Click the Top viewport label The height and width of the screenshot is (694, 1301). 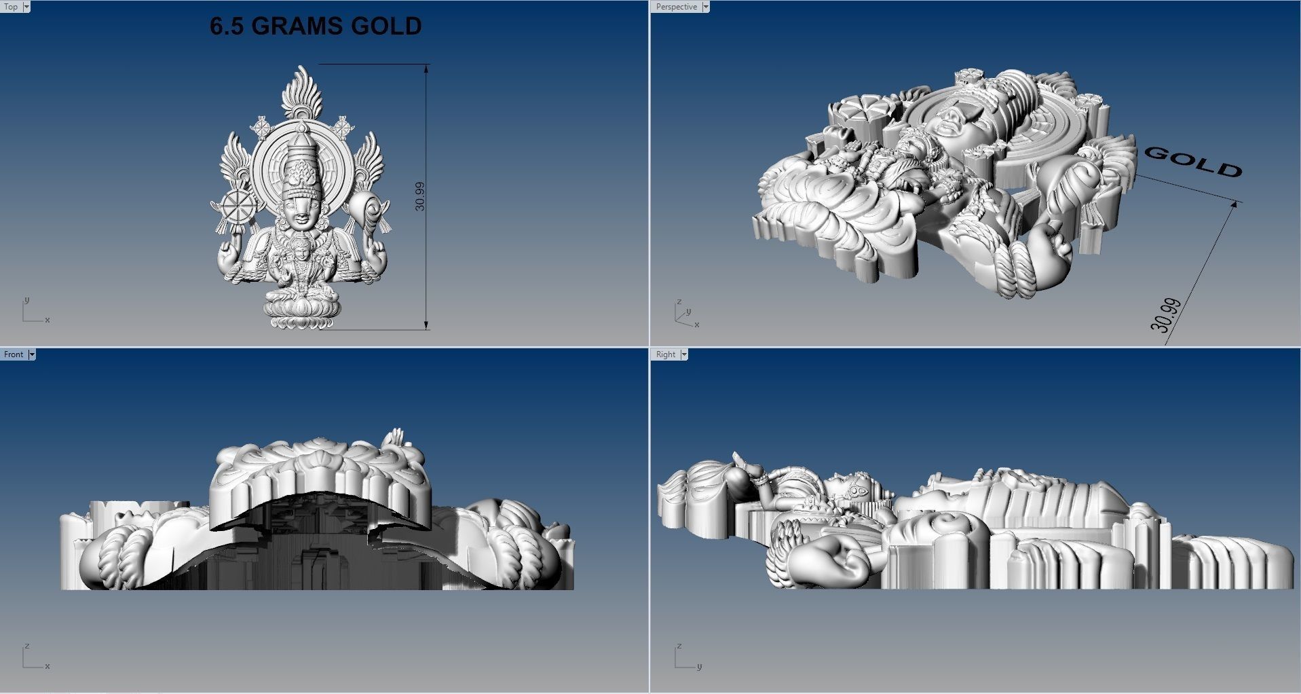pyautogui.click(x=11, y=7)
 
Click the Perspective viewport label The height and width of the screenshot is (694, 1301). pyautogui.click(x=676, y=7)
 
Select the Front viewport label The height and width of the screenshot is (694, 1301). pyautogui.click(x=13, y=354)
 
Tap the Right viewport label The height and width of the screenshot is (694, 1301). pyautogui.click(x=665, y=354)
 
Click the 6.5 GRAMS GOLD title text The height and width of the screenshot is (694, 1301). pyautogui.click(x=316, y=26)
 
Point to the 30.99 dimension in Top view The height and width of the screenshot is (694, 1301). pyautogui.click(x=419, y=196)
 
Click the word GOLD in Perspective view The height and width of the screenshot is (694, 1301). pyautogui.click(x=1192, y=162)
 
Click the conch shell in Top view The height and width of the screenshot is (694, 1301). pyautogui.click(x=367, y=207)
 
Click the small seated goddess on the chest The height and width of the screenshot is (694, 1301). pyautogui.click(x=299, y=261)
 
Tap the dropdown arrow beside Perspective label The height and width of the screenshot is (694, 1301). pyautogui.click(x=705, y=7)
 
